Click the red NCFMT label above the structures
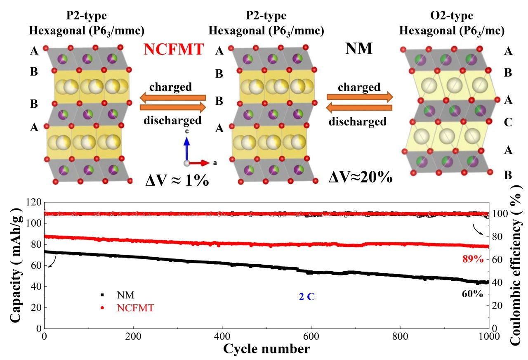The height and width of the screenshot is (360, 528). tap(174, 50)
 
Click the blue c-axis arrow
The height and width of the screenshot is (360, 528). tap(186, 149)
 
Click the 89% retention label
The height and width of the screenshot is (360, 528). tap(472, 259)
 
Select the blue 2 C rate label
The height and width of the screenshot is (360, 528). tap(306, 296)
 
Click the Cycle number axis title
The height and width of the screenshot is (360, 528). tap(266, 349)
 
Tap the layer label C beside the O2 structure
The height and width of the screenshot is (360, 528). tap(509, 123)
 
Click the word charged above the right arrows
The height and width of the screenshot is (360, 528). tap(359, 88)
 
